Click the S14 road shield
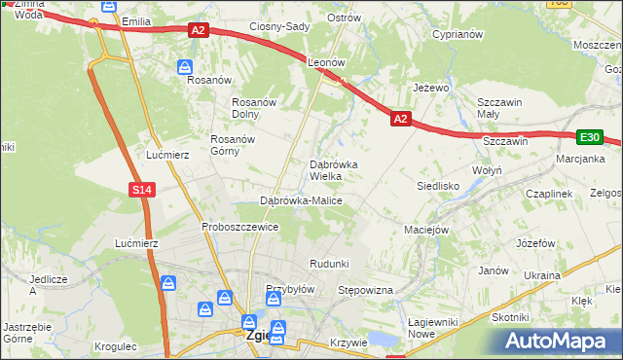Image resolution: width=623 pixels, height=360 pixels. point(142,190)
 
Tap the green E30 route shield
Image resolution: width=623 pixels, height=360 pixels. point(589,138)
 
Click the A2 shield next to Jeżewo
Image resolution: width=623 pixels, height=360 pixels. point(400,119)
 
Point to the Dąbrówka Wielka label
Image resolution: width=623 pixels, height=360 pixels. point(333,170)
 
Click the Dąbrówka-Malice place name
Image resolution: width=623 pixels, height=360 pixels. point(301,200)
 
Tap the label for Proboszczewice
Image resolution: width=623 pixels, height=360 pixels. point(240,227)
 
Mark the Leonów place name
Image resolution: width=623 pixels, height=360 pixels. point(327,61)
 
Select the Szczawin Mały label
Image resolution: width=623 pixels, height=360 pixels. point(500,108)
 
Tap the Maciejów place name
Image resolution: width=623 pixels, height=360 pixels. point(425,231)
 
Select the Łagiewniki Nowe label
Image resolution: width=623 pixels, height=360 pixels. point(434,328)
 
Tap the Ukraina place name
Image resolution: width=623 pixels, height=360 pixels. point(541,275)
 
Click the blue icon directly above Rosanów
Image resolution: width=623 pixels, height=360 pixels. point(185,66)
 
